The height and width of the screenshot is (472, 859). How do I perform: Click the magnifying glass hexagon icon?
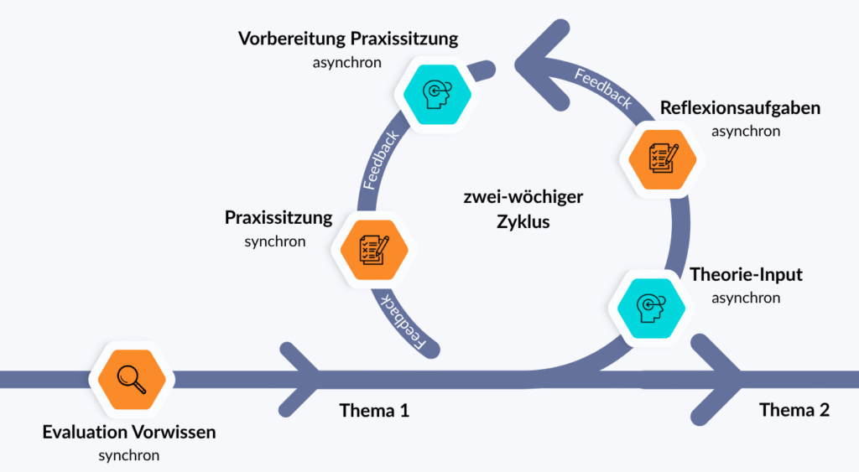click(x=133, y=379)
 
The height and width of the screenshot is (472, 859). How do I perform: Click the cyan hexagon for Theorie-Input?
click(x=651, y=304)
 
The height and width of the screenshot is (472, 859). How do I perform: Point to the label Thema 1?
click(x=374, y=411)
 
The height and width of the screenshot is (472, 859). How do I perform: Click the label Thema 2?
click(x=794, y=410)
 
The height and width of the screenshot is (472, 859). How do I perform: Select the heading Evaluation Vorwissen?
click(x=129, y=433)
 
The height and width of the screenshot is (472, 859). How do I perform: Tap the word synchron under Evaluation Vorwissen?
click(x=129, y=455)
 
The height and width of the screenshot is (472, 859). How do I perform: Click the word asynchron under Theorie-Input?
click(x=746, y=297)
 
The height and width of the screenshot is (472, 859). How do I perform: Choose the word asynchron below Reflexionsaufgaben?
click(x=746, y=131)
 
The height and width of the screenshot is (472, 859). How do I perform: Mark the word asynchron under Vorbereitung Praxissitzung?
click(x=347, y=62)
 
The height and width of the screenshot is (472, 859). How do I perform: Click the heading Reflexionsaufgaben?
click(x=740, y=108)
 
